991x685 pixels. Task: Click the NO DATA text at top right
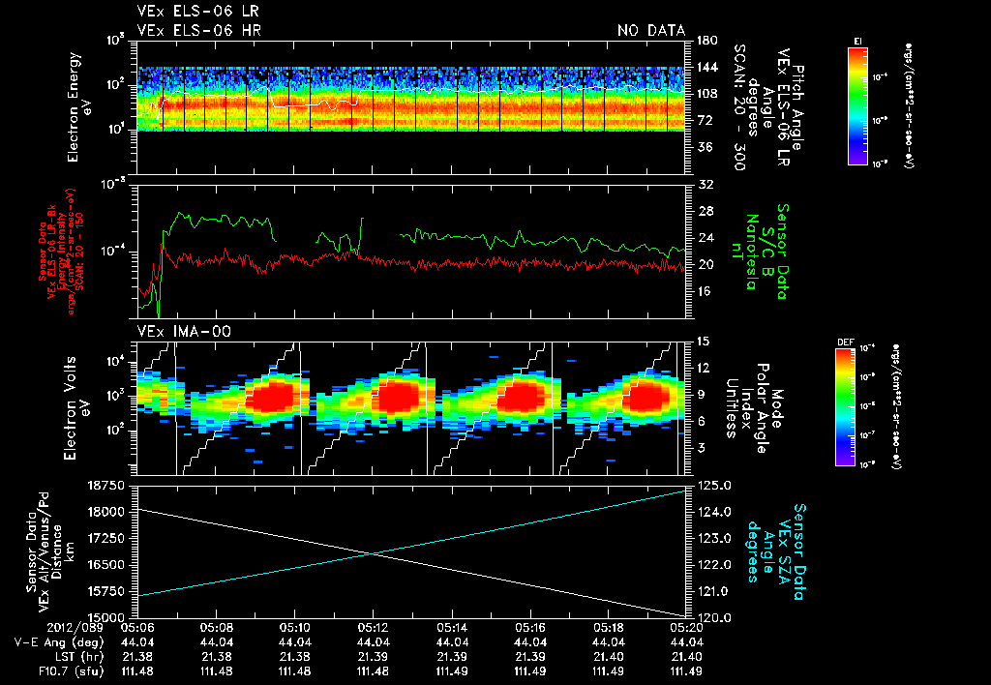click(x=650, y=31)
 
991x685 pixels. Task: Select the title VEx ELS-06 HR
click(x=198, y=31)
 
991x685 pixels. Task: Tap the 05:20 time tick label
click(x=686, y=627)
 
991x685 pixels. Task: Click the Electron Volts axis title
click(x=78, y=397)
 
